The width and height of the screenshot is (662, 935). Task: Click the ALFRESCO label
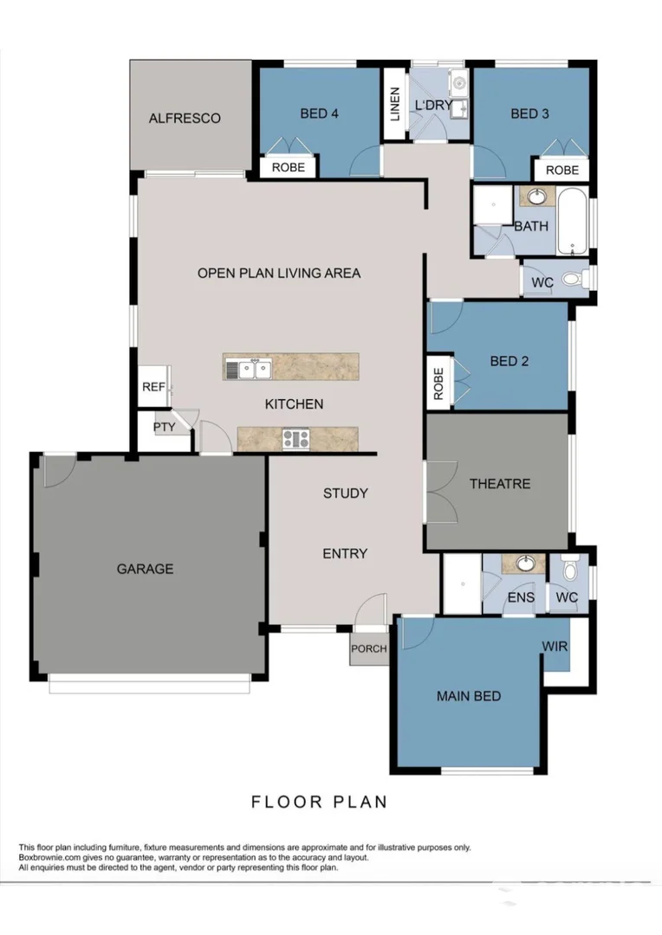pos(185,119)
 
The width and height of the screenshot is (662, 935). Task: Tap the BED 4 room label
pos(319,113)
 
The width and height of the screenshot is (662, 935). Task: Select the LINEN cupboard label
pos(395,104)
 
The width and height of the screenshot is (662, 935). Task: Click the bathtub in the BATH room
pos(571,221)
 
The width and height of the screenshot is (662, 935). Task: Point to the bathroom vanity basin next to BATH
pos(536,195)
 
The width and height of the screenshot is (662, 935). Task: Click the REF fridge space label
pos(153,387)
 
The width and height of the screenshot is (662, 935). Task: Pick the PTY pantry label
pos(164,427)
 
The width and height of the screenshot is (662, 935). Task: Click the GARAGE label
pos(145,569)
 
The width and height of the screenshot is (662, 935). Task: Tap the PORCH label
pos(368,648)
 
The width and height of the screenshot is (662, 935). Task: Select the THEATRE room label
pos(499,484)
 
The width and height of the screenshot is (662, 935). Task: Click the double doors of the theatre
pos(441,492)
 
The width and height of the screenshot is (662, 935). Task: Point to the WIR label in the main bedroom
pos(555,646)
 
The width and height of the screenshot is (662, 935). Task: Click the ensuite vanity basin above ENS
pos(525,564)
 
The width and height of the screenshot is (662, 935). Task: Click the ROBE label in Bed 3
pos(561,171)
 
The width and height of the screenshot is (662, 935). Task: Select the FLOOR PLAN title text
pos(319,802)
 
